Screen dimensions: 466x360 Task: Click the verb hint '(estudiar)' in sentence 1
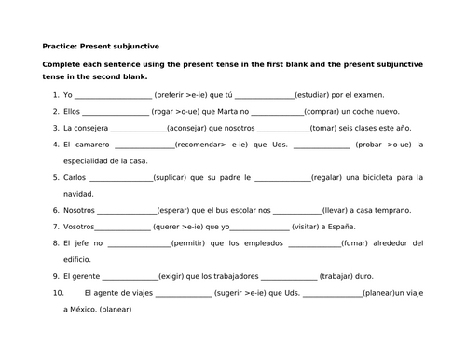(x=312, y=94)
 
